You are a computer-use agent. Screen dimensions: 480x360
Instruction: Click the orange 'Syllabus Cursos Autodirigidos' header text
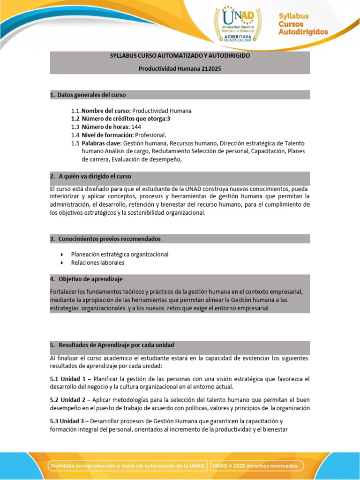tap(303, 24)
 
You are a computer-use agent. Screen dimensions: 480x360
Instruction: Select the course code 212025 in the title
tap(210, 68)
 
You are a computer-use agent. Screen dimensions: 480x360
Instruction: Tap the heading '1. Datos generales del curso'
tap(88, 95)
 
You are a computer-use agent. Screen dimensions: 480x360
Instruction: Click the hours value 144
tap(135, 127)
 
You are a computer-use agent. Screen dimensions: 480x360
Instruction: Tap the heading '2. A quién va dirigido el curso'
tap(90, 176)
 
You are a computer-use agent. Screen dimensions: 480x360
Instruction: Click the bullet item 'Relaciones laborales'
tap(97, 262)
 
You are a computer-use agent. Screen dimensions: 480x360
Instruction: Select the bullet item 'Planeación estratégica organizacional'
tap(120, 254)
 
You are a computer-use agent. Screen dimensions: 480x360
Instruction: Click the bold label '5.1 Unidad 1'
tap(67, 379)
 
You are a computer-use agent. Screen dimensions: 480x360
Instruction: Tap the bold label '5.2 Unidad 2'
tap(67, 399)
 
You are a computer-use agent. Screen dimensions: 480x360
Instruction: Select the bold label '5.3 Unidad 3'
tap(67, 421)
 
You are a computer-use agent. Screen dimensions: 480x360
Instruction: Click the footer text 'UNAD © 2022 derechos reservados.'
tap(255, 465)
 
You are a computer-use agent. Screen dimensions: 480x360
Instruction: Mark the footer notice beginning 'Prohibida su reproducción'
tap(128, 465)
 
